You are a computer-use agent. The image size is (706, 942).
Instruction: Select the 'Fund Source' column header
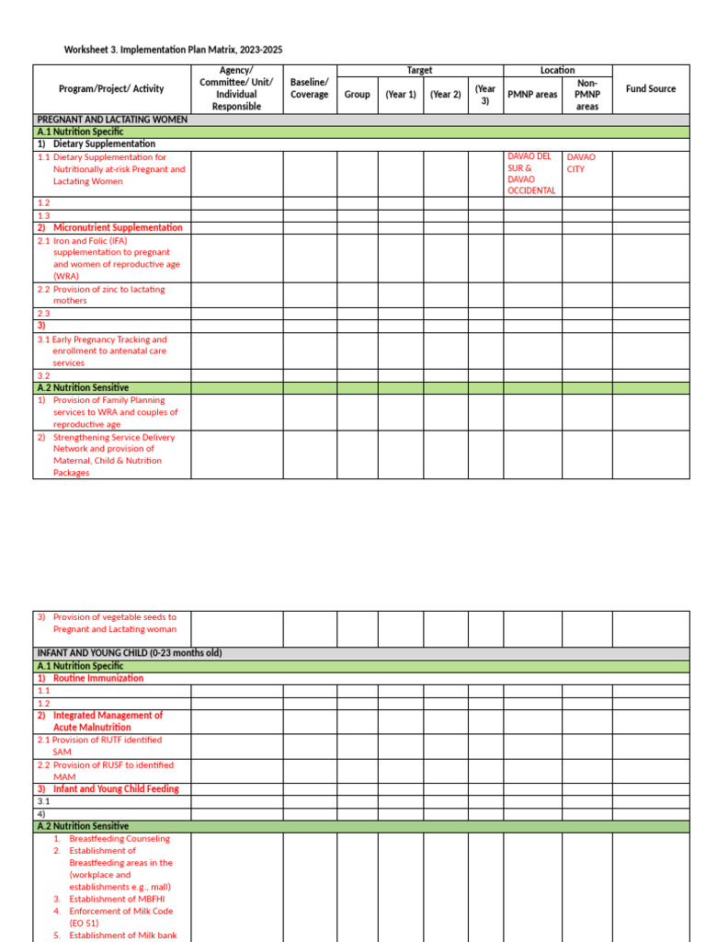(x=650, y=89)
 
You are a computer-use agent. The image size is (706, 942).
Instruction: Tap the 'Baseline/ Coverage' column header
(x=309, y=89)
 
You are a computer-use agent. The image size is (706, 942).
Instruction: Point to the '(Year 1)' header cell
(x=400, y=95)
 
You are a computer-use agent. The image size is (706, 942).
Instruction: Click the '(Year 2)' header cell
(x=445, y=95)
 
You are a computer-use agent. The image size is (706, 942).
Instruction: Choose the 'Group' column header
(x=357, y=95)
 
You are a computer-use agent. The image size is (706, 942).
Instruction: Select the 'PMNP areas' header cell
(x=532, y=95)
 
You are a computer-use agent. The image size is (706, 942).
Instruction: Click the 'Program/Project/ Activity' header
(x=111, y=89)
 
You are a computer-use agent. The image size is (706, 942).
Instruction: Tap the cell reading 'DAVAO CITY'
(x=581, y=164)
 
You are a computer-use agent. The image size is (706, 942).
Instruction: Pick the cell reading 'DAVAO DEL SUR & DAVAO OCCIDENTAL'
(x=531, y=174)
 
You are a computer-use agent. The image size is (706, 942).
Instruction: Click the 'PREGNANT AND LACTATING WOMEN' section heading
(x=112, y=120)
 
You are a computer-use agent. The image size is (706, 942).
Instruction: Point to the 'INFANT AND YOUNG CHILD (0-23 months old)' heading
(x=129, y=653)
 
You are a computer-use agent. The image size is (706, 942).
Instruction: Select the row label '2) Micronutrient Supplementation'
(x=110, y=227)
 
